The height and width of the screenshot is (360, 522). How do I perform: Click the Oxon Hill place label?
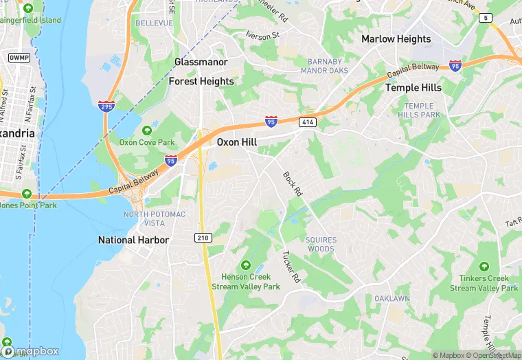tap(238, 142)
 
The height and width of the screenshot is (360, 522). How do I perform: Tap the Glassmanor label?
tap(201, 62)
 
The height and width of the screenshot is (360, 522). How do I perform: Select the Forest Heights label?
tap(201, 81)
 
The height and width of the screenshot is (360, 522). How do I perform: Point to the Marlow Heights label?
tap(396, 39)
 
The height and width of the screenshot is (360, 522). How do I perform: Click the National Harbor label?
tap(133, 240)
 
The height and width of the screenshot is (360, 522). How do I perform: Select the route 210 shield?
tap(203, 237)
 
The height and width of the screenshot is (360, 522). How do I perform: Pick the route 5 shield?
tap(486, 18)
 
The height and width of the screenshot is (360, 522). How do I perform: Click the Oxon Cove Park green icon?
tap(146, 131)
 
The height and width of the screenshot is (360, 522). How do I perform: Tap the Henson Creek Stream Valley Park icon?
tap(245, 265)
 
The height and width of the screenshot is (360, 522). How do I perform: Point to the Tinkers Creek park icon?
tap(484, 267)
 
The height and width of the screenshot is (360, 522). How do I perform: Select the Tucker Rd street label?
tap(292, 266)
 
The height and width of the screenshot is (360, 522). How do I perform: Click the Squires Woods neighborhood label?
tap(320, 244)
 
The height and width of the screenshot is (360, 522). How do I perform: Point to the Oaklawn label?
tap(392, 299)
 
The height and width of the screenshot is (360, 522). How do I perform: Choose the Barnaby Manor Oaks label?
tap(320, 66)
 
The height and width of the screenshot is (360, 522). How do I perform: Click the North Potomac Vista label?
tap(155, 218)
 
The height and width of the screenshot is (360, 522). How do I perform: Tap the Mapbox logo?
tap(31, 350)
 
